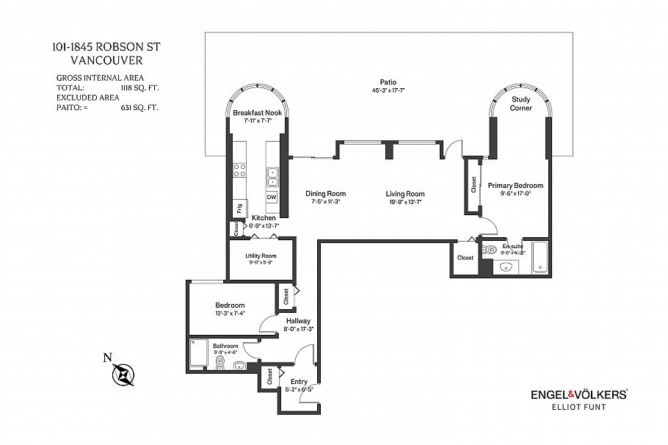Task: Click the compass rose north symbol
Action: click(x=123, y=373)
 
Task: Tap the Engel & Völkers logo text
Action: click(x=578, y=394)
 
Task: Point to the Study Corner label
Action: click(x=521, y=104)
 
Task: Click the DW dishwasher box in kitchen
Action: click(x=272, y=198)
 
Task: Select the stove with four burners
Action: click(x=239, y=171)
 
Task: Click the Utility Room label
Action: click(x=261, y=256)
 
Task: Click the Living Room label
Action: click(x=405, y=194)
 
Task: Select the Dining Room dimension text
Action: click(x=325, y=202)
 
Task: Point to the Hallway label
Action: click(x=298, y=321)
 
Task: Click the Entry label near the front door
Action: click(x=299, y=382)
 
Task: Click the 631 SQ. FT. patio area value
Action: click(x=139, y=107)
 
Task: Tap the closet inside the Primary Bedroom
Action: click(x=471, y=186)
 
